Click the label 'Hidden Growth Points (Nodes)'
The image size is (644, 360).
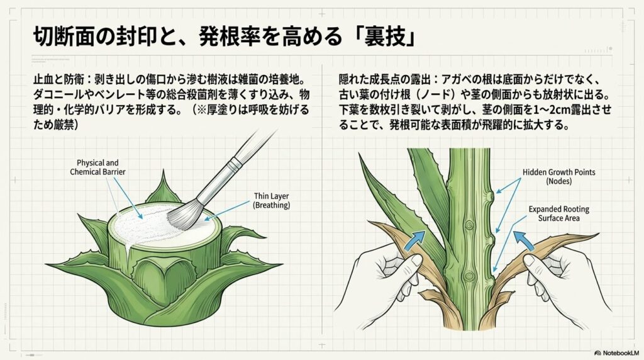pyautogui.click(x=558, y=176)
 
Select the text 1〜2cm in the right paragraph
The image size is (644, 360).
pyautogui.click(x=562, y=110)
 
